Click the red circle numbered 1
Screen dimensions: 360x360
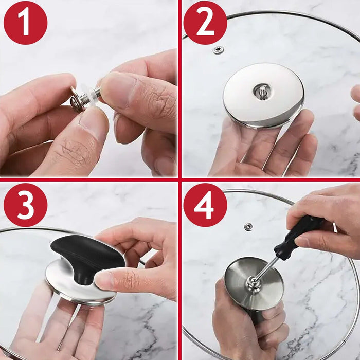tap(25, 23)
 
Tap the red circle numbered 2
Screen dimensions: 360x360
tap(205, 23)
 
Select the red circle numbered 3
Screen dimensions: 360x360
tap(25, 205)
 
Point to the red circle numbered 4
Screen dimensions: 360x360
tap(205, 205)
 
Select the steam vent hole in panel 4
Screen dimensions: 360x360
tap(248, 227)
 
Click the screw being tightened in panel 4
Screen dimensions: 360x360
tap(251, 282)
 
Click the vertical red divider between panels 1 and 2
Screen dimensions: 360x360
tap(179, 87)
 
